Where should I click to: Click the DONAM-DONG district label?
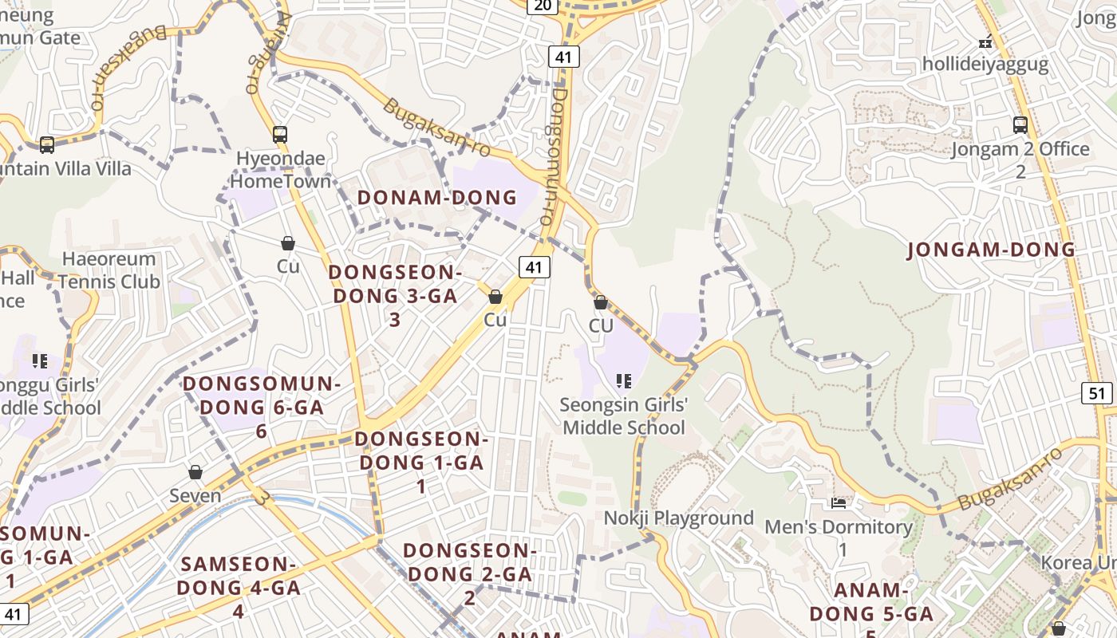click(437, 198)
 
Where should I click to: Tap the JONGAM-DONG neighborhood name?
click(991, 250)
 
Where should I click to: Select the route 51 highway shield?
click(1098, 392)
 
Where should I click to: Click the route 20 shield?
click(542, 6)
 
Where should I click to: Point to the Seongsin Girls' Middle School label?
click(623, 416)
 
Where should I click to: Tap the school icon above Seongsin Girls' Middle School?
click(624, 381)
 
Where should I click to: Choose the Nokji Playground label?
click(678, 518)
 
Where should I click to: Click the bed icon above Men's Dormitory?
click(838, 503)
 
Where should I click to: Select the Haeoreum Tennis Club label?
click(109, 270)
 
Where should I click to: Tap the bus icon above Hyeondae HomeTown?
click(279, 134)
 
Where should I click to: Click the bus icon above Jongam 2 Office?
click(1020, 124)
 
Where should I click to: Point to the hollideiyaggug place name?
click(985, 64)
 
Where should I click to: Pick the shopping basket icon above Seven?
click(195, 472)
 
